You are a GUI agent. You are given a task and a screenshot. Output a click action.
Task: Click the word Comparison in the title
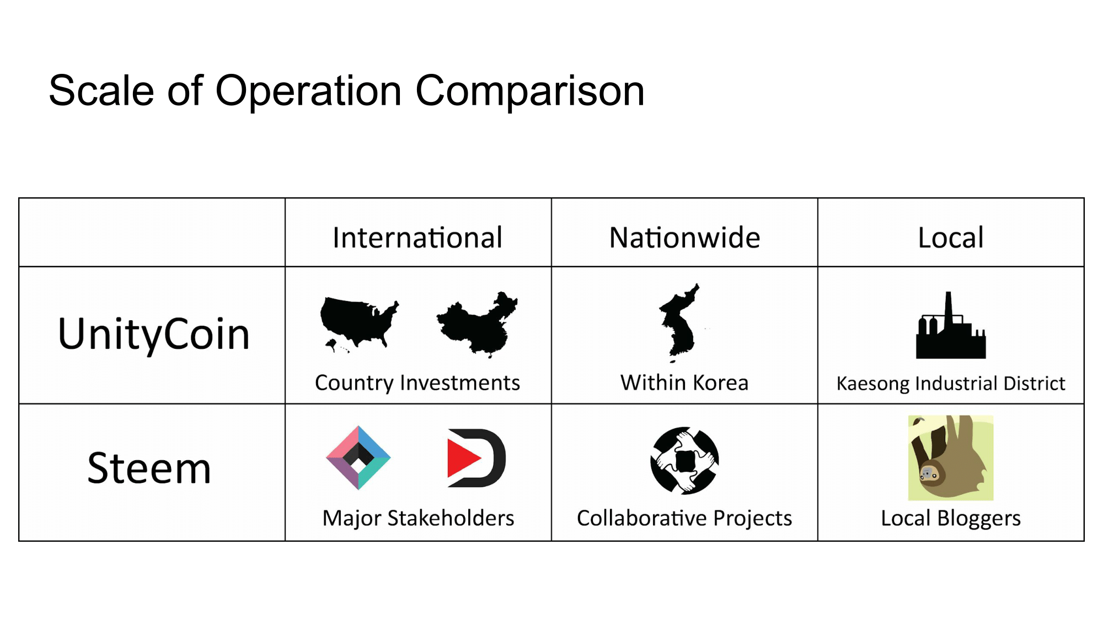pyautogui.click(x=529, y=91)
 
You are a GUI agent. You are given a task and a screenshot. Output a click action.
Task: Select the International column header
pyautogui.click(x=417, y=238)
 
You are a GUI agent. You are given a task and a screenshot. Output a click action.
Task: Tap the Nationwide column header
pyautogui.click(x=684, y=238)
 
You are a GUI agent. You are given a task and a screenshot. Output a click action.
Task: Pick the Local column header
pyautogui.click(x=951, y=238)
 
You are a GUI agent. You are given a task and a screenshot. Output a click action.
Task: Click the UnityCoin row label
pyautogui.click(x=154, y=334)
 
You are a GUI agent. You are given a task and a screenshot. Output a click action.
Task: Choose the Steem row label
pyautogui.click(x=149, y=468)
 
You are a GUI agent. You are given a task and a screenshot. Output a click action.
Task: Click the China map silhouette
pyautogui.click(x=477, y=325)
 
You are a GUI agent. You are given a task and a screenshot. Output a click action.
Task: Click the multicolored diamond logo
pyautogui.click(x=358, y=458)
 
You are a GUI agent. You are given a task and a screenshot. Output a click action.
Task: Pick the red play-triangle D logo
pyautogui.click(x=476, y=458)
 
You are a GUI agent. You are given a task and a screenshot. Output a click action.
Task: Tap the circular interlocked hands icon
pyautogui.click(x=684, y=461)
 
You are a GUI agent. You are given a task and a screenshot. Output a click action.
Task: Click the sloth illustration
pyautogui.click(x=951, y=458)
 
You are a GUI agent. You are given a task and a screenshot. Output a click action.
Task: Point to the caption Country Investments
pyautogui.click(x=417, y=383)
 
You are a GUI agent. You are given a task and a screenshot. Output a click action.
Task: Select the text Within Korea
pyautogui.click(x=684, y=382)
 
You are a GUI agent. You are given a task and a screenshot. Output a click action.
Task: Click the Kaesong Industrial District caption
pyautogui.click(x=951, y=384)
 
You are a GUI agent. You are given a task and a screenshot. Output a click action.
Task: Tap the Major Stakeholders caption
pyautogui.click(x=418, y=519)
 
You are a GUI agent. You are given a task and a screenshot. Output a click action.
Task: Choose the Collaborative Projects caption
pyautogui.click(x=684, y=519)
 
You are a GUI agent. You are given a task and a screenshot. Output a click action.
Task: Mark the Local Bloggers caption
pyautogui.click(x=951, y=519)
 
